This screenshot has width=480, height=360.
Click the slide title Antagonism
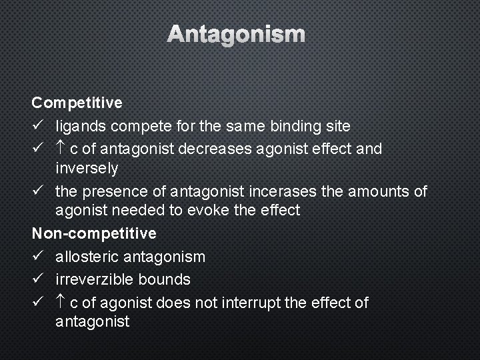tap(236, 34)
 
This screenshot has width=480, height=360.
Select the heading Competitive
tap(77, 103)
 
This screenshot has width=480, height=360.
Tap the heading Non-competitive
tap(94, 233)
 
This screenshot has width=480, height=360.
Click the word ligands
tap(81, 126)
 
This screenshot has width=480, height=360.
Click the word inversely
tap(87, 169)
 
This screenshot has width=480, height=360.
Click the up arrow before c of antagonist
tap(61, 148)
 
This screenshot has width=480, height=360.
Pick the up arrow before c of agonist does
tap(61, 303)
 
